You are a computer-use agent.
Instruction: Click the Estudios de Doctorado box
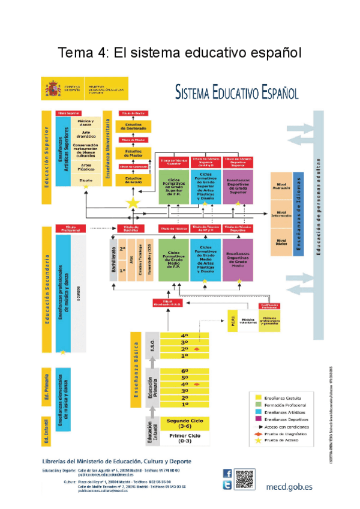click(x=133, y=126)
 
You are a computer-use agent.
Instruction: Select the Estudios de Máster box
click(x=133, y=153)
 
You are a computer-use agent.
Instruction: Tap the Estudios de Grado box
click(x=133, y=179)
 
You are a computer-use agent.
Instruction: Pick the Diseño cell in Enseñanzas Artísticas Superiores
click(x=86, y=180)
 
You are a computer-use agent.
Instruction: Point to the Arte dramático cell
click(x=86, y=135)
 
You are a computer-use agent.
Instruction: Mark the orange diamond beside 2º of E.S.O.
click(x=197, y=349)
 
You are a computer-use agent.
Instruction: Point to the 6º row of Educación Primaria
click(x=185, y=371)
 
